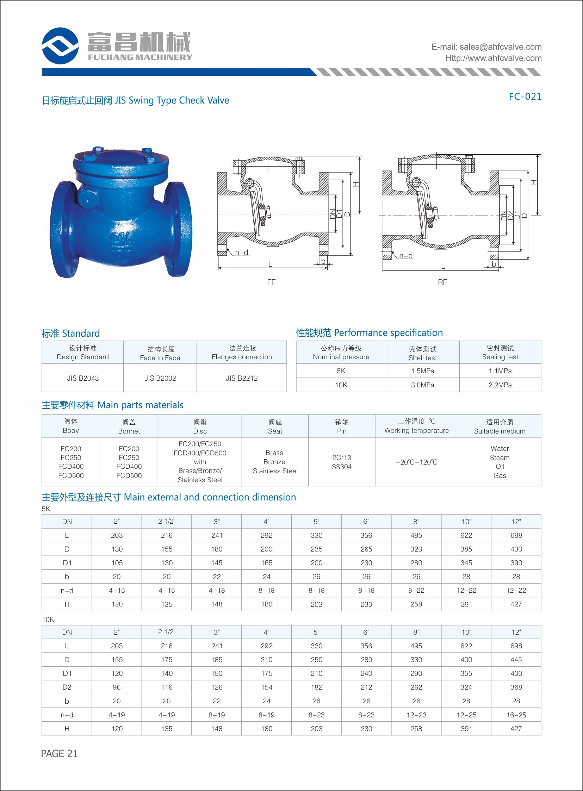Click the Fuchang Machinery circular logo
[60, 46]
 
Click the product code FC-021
[525, 96]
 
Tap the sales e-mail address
[486, 47]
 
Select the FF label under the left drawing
[271, 282]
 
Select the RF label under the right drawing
[442, 282]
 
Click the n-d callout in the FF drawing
[242, 253]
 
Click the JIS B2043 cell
[83, 378]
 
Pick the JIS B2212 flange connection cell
[242, 378]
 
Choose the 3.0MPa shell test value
[422, 385]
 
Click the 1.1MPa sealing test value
[500, 371]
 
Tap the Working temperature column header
[416, 426]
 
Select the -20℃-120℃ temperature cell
[416, 462]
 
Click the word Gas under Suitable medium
[500, 475]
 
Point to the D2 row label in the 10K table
[67, 687]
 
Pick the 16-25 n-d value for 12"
[516, 715]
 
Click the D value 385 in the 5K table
[466, 549]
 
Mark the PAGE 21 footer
[59, 754]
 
